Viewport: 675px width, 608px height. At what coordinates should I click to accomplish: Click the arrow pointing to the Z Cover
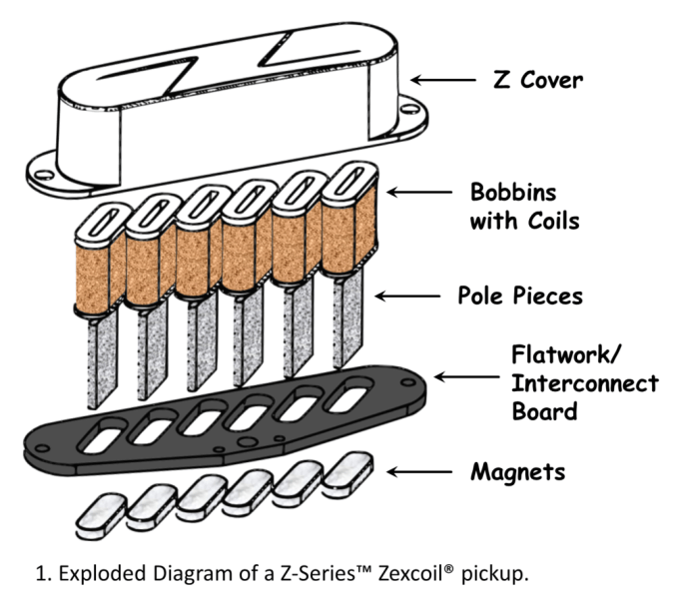coord(445,81)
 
